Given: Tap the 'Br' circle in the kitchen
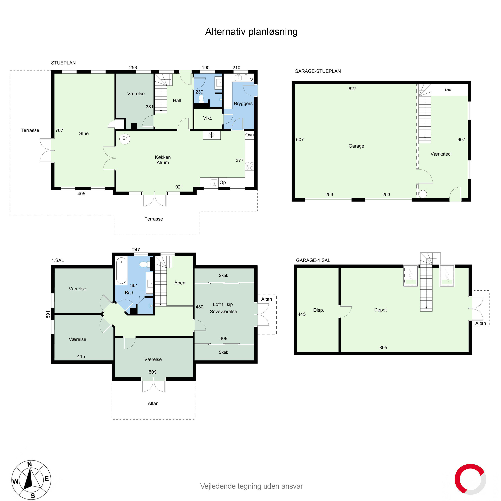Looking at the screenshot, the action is (125, 139).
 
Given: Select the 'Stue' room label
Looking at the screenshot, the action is (84, 134).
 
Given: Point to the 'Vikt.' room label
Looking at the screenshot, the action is (207, 118).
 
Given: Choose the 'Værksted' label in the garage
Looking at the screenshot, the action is (440, 154).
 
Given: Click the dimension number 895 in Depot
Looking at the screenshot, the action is (383, 348).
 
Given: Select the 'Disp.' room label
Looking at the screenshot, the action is (318, 310).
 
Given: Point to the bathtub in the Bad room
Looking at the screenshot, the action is (121, 271).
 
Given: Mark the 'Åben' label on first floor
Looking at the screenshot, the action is (180, 283).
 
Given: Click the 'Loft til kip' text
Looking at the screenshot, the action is (223, 304).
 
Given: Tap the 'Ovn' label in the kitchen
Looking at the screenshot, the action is (249, 135).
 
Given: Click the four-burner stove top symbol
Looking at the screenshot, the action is (249, 166).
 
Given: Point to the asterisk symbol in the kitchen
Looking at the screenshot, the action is (212, 135).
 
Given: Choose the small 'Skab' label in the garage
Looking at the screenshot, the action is (448, 90).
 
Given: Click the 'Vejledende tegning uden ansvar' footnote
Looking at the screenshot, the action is (251, 486).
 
